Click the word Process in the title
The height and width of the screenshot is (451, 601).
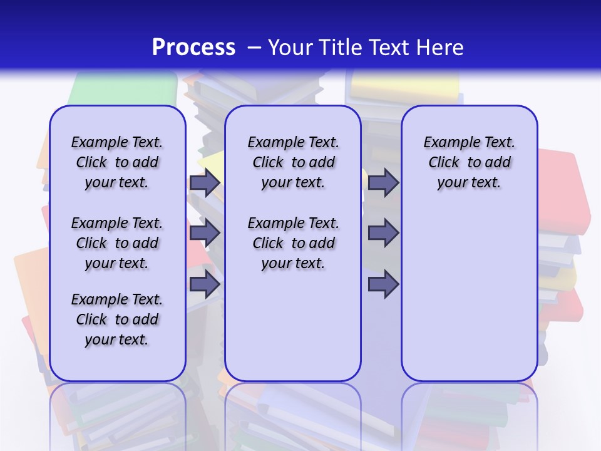pos(193,47)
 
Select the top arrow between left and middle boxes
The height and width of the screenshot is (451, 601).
pos(205,183)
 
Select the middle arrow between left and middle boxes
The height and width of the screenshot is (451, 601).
pos(205,234)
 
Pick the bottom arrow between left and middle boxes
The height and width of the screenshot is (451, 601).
pos(205,284)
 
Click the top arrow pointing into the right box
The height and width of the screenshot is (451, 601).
pos(383,183)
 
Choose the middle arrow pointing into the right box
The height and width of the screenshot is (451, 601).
pos(383,234)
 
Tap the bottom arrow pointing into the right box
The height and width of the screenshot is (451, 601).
pos(383,284)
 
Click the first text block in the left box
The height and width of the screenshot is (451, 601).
pos(117,162)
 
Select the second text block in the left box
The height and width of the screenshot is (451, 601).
pos(117,243)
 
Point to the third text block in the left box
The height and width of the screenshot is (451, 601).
pos(117,319)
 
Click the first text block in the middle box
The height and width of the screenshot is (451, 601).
pos(293,162)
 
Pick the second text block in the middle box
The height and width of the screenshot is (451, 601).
pos(293,243)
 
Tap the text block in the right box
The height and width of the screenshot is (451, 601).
pos(469,162)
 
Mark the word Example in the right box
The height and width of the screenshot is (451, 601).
pos(448,143)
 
